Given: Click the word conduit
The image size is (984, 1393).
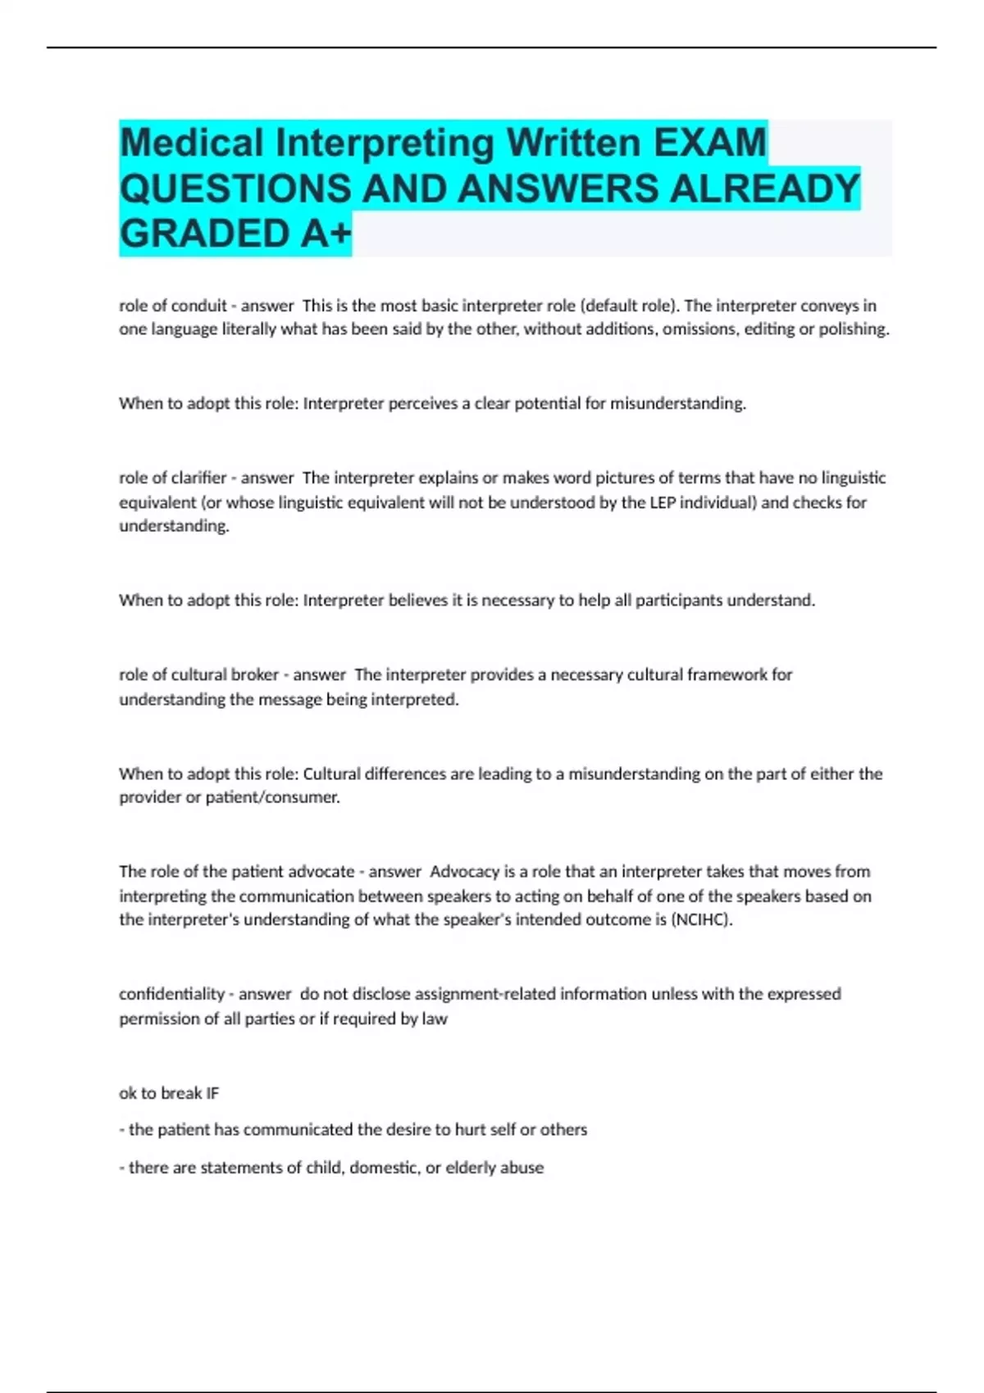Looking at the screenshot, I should pyautogui.click(x=198, y=306).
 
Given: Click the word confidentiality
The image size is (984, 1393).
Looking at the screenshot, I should pyautogui.click(x=171, y=994).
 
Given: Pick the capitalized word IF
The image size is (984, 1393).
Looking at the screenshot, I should pyautogui.click(x=212, y=1093).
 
